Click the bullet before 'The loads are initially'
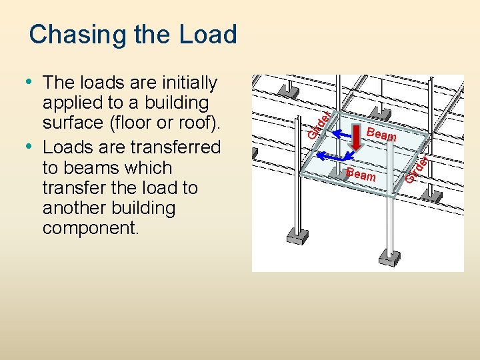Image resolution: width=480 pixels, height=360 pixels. click(x=30, y=82)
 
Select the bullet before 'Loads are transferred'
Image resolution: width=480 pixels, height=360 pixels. click(x=30, y=146)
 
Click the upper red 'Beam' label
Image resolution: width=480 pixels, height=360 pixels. click(x=381, y=135)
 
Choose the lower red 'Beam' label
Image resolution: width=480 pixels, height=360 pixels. click(x=361, y=175)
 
